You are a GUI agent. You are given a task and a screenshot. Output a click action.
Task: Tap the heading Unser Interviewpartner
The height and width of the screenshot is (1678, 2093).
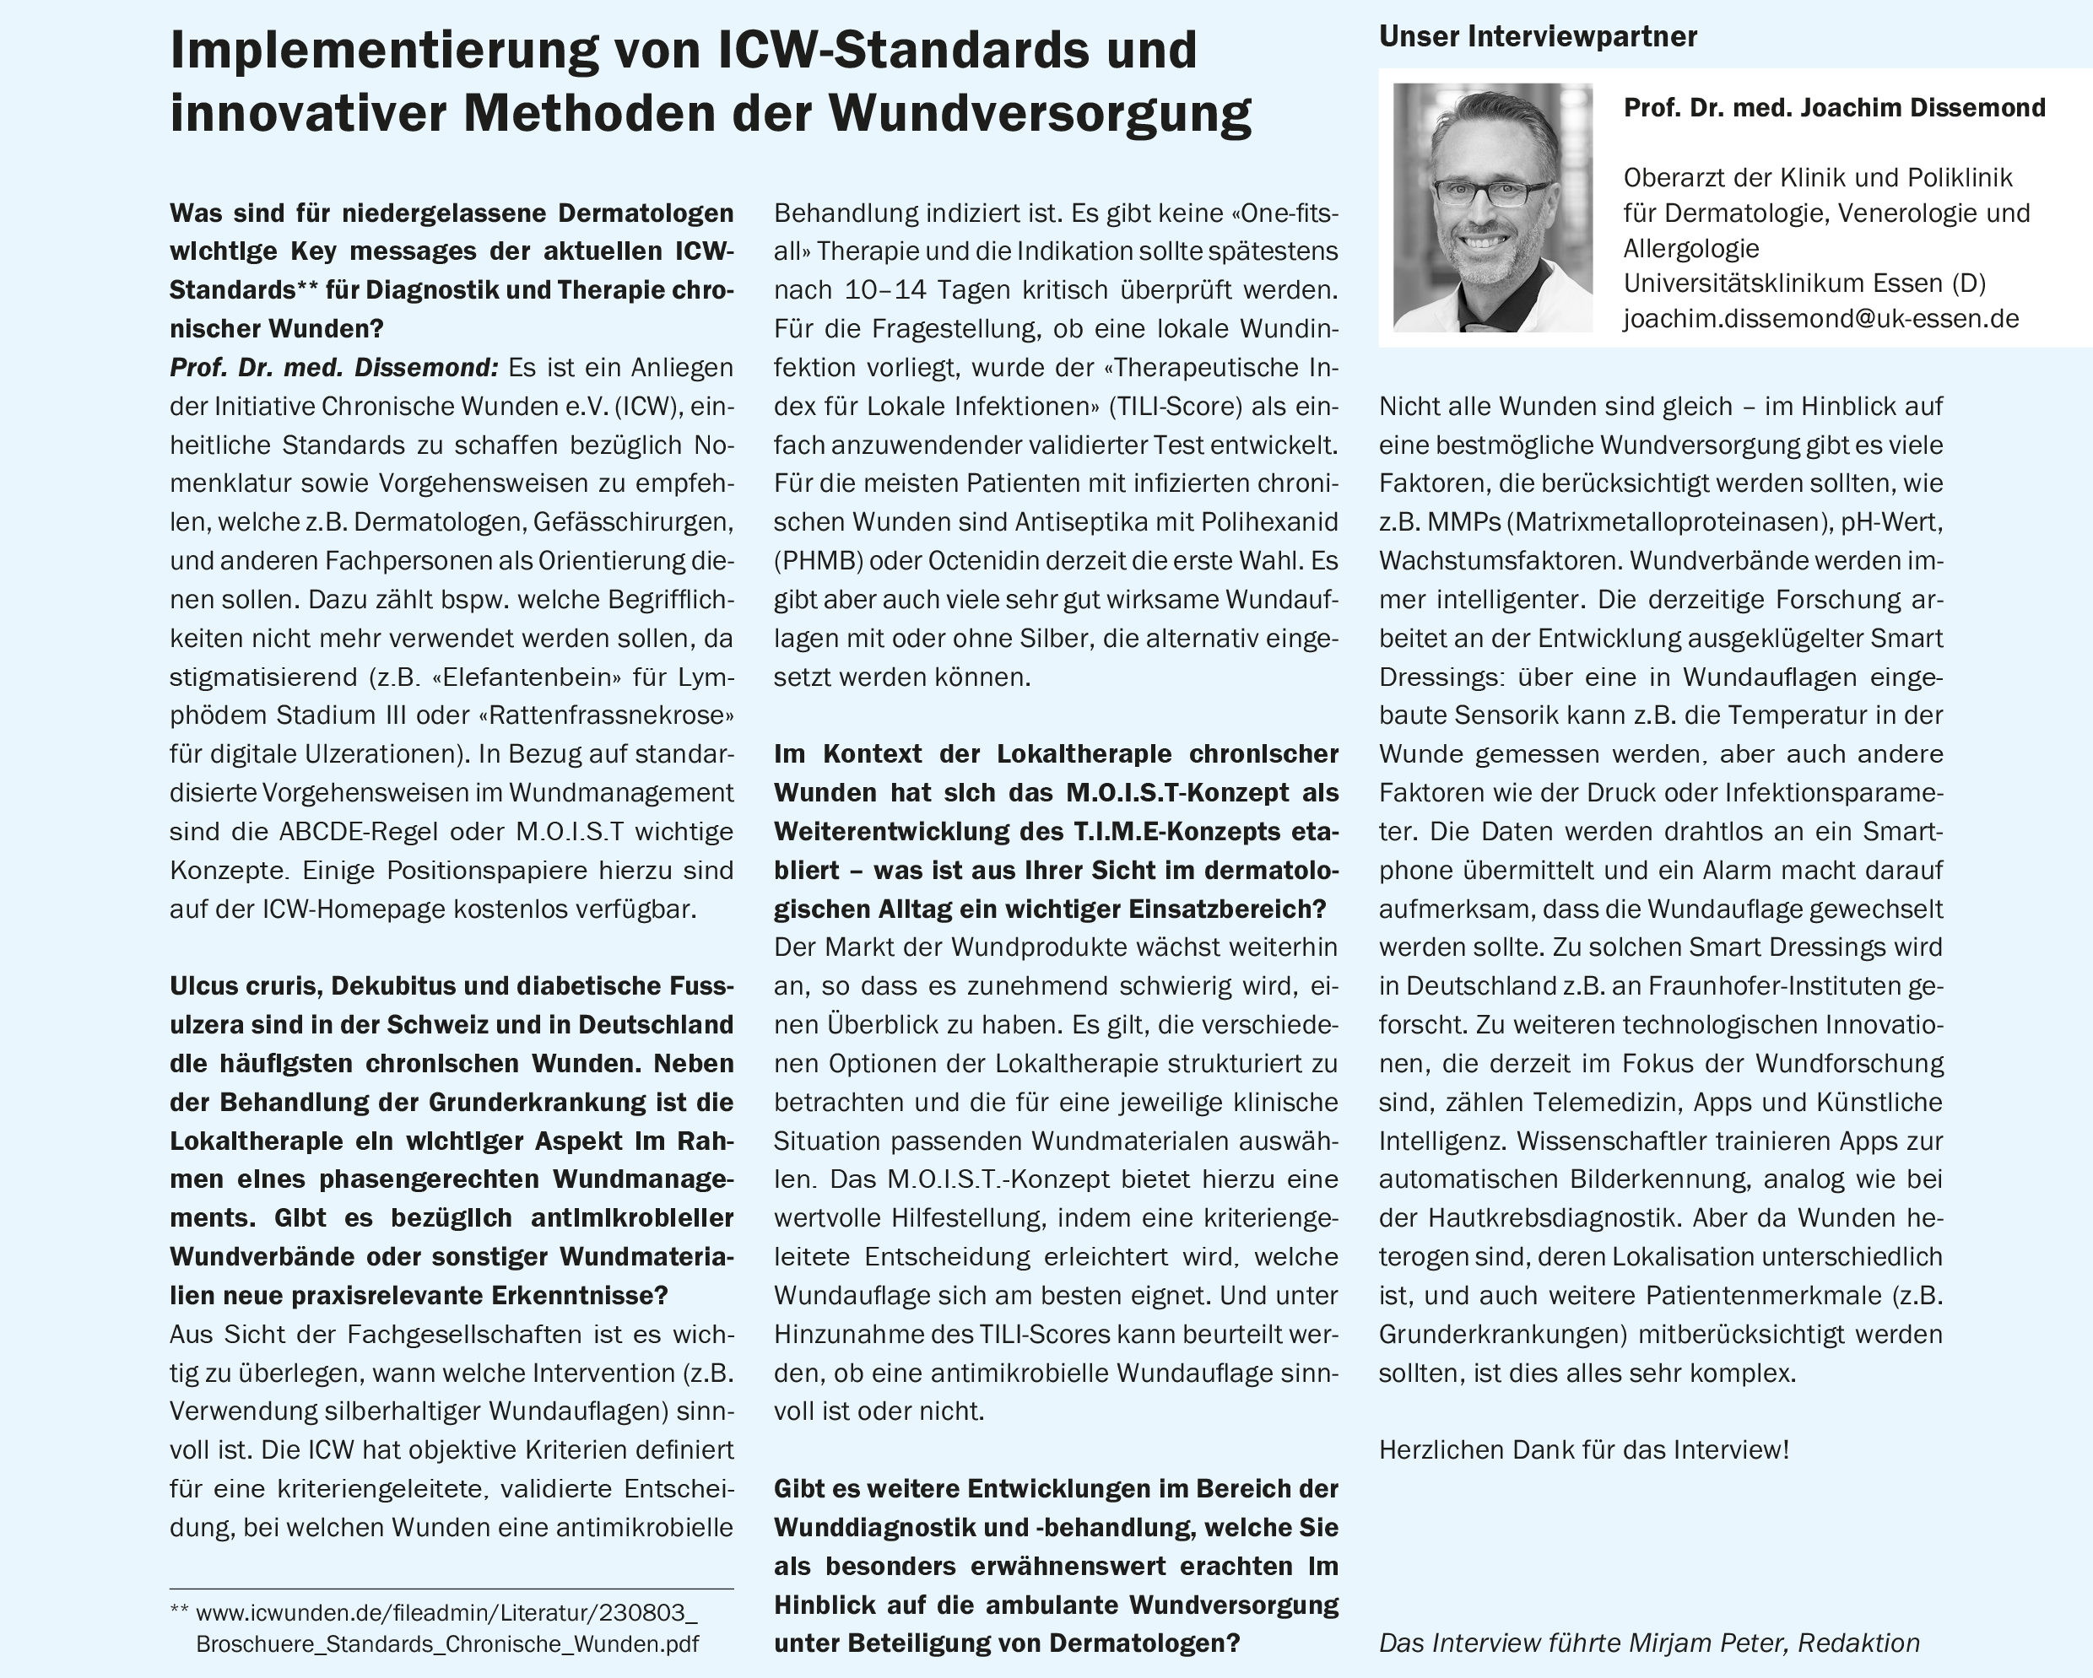(1538, 37)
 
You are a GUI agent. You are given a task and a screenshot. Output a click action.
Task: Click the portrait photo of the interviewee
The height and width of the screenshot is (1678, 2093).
(1492, 207)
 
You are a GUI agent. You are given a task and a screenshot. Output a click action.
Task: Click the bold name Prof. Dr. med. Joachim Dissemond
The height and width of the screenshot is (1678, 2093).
(1834, 108)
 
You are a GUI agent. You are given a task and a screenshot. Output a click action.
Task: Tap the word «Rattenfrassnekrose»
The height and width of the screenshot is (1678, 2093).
(606, 715)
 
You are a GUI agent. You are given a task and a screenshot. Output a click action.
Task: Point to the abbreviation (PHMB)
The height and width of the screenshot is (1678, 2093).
(819, 561)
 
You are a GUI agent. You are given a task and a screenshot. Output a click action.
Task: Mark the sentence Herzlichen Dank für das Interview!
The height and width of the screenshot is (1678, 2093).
(1583, 1450)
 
